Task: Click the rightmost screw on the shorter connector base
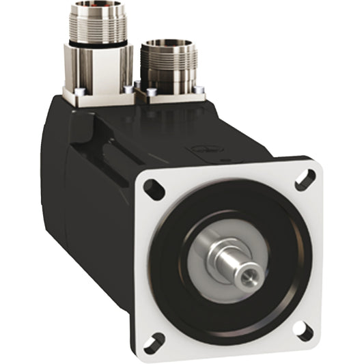(199, 88)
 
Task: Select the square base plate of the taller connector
(102, 96)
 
